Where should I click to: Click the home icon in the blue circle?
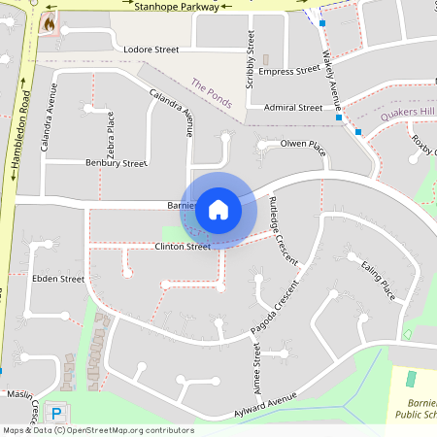[218, 209]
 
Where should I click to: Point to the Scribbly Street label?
[251, 61]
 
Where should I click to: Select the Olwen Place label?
[301, 145]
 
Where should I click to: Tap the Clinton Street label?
[183, 247]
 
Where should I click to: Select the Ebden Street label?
[59, 279]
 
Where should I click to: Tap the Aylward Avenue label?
[265, 407]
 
